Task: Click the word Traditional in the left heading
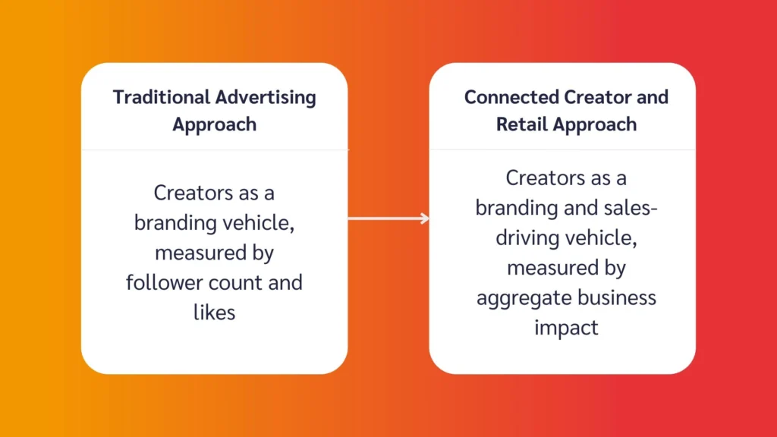(x=162, y=98)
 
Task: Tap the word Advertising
(x=266, y=98)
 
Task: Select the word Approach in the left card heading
(x=215, y=124)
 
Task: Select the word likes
(x=215, y=311)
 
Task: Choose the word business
(x=618, y=297)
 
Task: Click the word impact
(x=566, y=327)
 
